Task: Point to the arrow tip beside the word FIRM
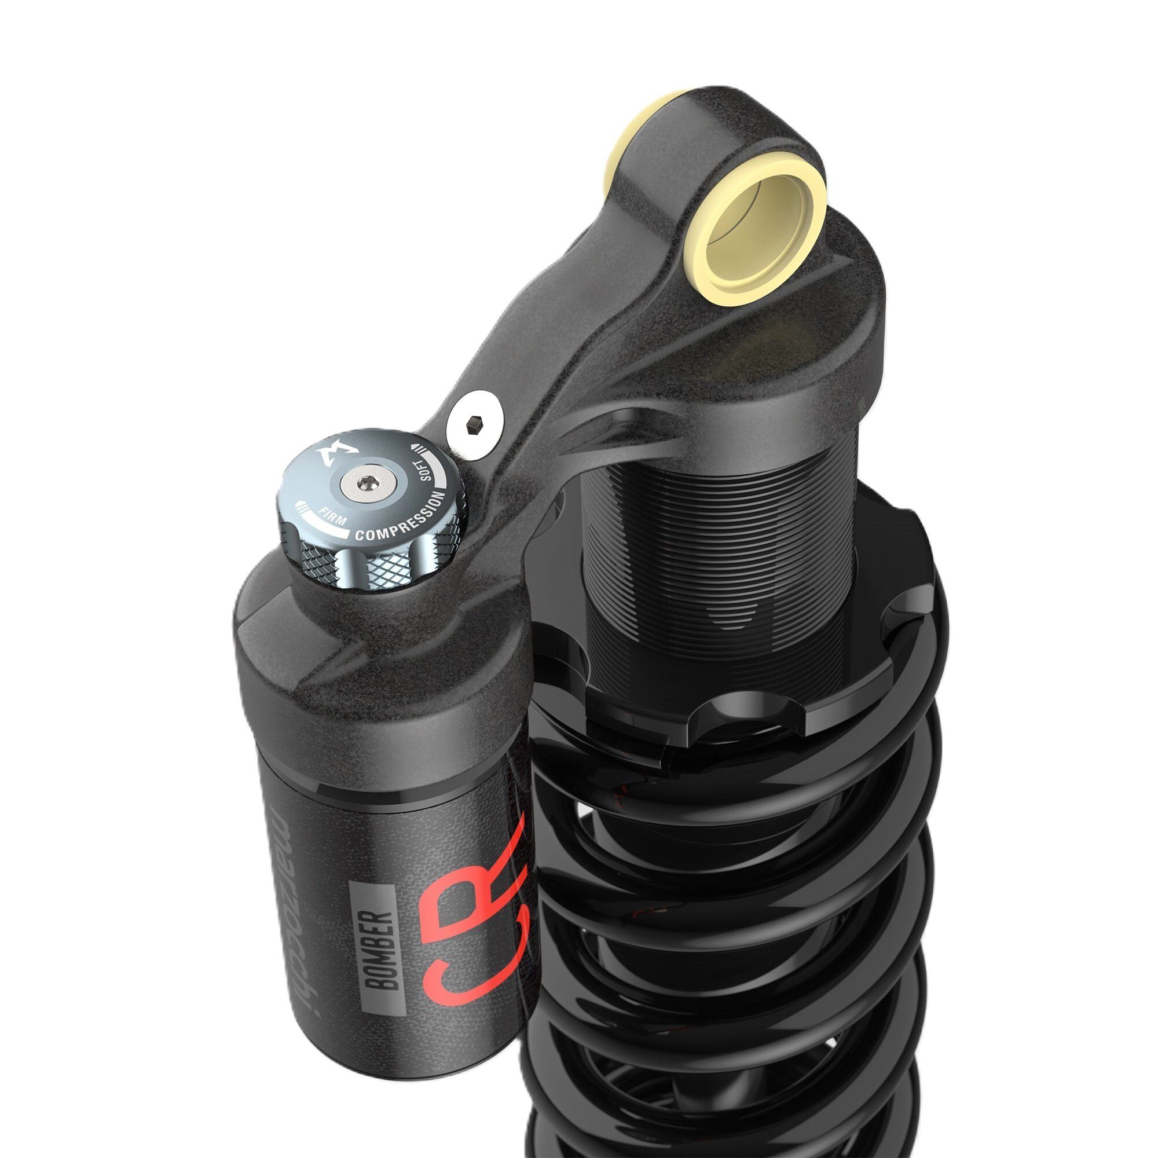(302, 504)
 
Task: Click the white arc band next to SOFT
(440, 474)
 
